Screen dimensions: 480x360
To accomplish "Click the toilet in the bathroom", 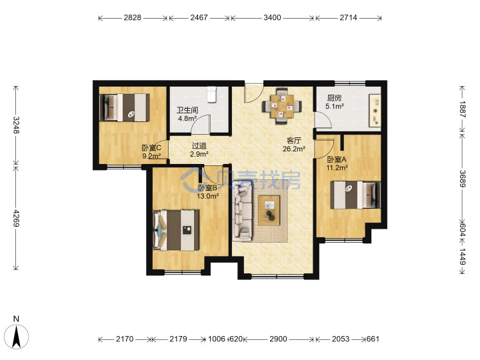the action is (x=212, y=94).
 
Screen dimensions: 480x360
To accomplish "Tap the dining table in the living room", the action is (x=281, y=107).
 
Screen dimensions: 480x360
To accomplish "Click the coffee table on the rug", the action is (x=269, y=211).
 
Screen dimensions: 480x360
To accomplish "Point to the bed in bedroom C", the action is (x=125, y=107).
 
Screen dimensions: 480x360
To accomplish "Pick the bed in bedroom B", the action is (x=176, y=230).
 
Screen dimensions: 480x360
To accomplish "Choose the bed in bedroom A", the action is (x=355, y=195).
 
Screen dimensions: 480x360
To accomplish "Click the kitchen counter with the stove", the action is (x=375, y=111).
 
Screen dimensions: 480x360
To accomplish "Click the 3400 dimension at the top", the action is (x=272, y=18).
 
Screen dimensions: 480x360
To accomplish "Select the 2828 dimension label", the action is (x=133, y=18).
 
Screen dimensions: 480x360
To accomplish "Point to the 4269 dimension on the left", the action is (x=16, y=218).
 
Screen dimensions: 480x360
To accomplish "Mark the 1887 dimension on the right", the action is (x=462, y=109).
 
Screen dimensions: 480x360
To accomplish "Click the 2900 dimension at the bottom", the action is (x=278, y=339).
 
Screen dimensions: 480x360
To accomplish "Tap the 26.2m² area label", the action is (x=294, y=149).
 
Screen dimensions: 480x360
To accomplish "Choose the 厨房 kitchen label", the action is (x=334, y=98).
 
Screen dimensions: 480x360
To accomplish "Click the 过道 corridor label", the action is (x=199, y=146).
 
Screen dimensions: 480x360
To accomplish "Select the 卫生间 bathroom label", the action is (x=187, y=110).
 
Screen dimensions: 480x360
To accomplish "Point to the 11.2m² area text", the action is (x=337, y=168).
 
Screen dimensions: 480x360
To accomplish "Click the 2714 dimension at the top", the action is (x=349, y=18).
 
